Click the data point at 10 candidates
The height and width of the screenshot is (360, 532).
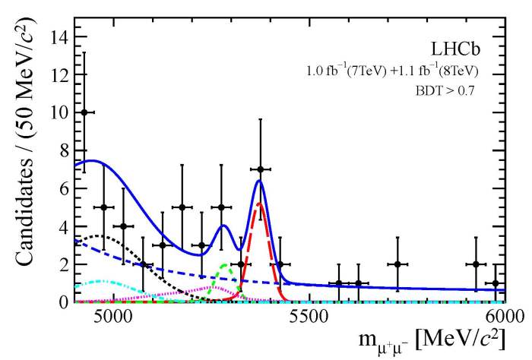pyautogui.click(x=84, y=112)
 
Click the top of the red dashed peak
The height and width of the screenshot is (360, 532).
pyautogui.click(x=259, y=204)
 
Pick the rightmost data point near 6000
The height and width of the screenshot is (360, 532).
pyautogui.click(x=496, y=283)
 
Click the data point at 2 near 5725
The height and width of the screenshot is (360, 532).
pyautogui.click(x=397, y=264)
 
